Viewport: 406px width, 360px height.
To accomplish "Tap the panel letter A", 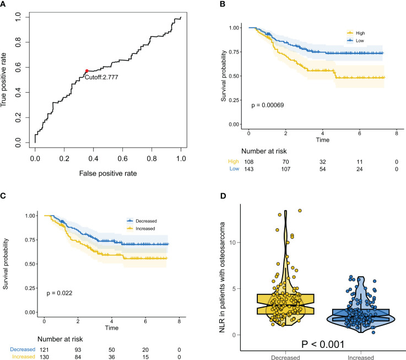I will (x=4, y=4).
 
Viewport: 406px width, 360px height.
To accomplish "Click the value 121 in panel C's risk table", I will (x=44, y=349).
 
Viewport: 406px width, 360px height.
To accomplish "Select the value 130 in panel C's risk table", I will (x=44, y=357).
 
